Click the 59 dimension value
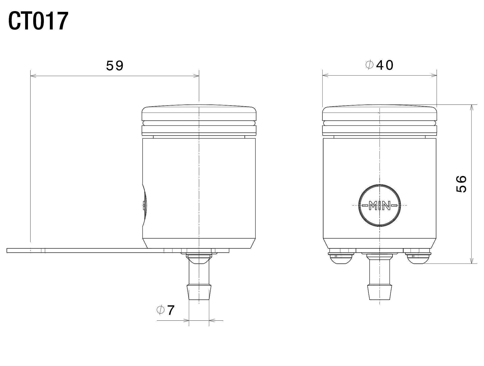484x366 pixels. pyautogui.click(x=115, y=66)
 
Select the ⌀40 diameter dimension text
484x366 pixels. pyautogui.click(x=379, y=65)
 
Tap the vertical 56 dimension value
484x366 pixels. pyautogui.click(x=461, y=184)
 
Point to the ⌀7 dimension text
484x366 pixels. pyautogui.click(x=166, y=310)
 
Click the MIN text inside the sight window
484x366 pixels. pyautogui.click(x=379, y=206)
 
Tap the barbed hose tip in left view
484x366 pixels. pyautogui.click(x=199, y=292)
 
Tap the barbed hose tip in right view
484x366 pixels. pyautogui.click(x=379, y=292)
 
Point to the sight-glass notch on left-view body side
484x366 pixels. pyautogui.click(x=144, y=205)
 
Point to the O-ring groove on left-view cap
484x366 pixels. pyautogui.click(x=199, y=123)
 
